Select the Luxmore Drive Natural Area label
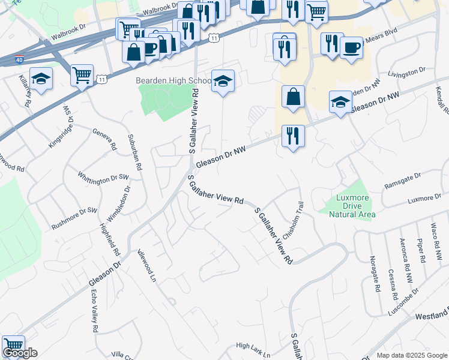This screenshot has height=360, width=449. (x=348, y=206)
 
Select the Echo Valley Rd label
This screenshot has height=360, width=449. (x=94, y=311)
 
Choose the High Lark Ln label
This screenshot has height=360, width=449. (x=253, y=346)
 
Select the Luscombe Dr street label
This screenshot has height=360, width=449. (x=406, y=305)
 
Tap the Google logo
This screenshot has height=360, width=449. (x=20, y=353)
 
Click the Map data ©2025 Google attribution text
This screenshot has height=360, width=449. (x=411, y=355)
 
